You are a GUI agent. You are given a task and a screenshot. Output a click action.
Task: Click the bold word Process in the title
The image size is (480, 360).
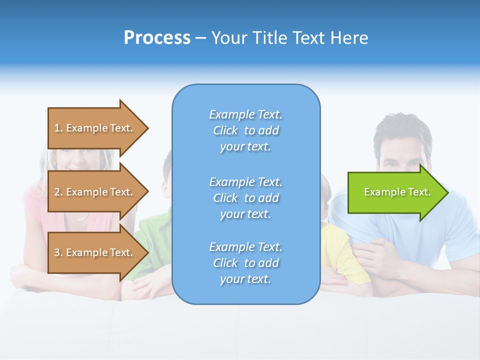point(157,38)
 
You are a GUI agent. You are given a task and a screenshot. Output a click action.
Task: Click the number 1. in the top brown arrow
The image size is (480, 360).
point(58,128)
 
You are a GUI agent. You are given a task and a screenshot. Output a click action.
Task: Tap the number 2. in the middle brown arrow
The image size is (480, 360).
point(58,192)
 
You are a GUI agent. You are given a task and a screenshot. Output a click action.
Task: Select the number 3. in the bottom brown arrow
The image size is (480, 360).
point(58,252)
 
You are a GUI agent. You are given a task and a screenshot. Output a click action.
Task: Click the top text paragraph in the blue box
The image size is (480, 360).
point(245,130)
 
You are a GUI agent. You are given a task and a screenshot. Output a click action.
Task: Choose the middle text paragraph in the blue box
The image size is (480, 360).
point(245,198)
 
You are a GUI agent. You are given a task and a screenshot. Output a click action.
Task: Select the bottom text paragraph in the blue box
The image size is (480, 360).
point(245,263)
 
